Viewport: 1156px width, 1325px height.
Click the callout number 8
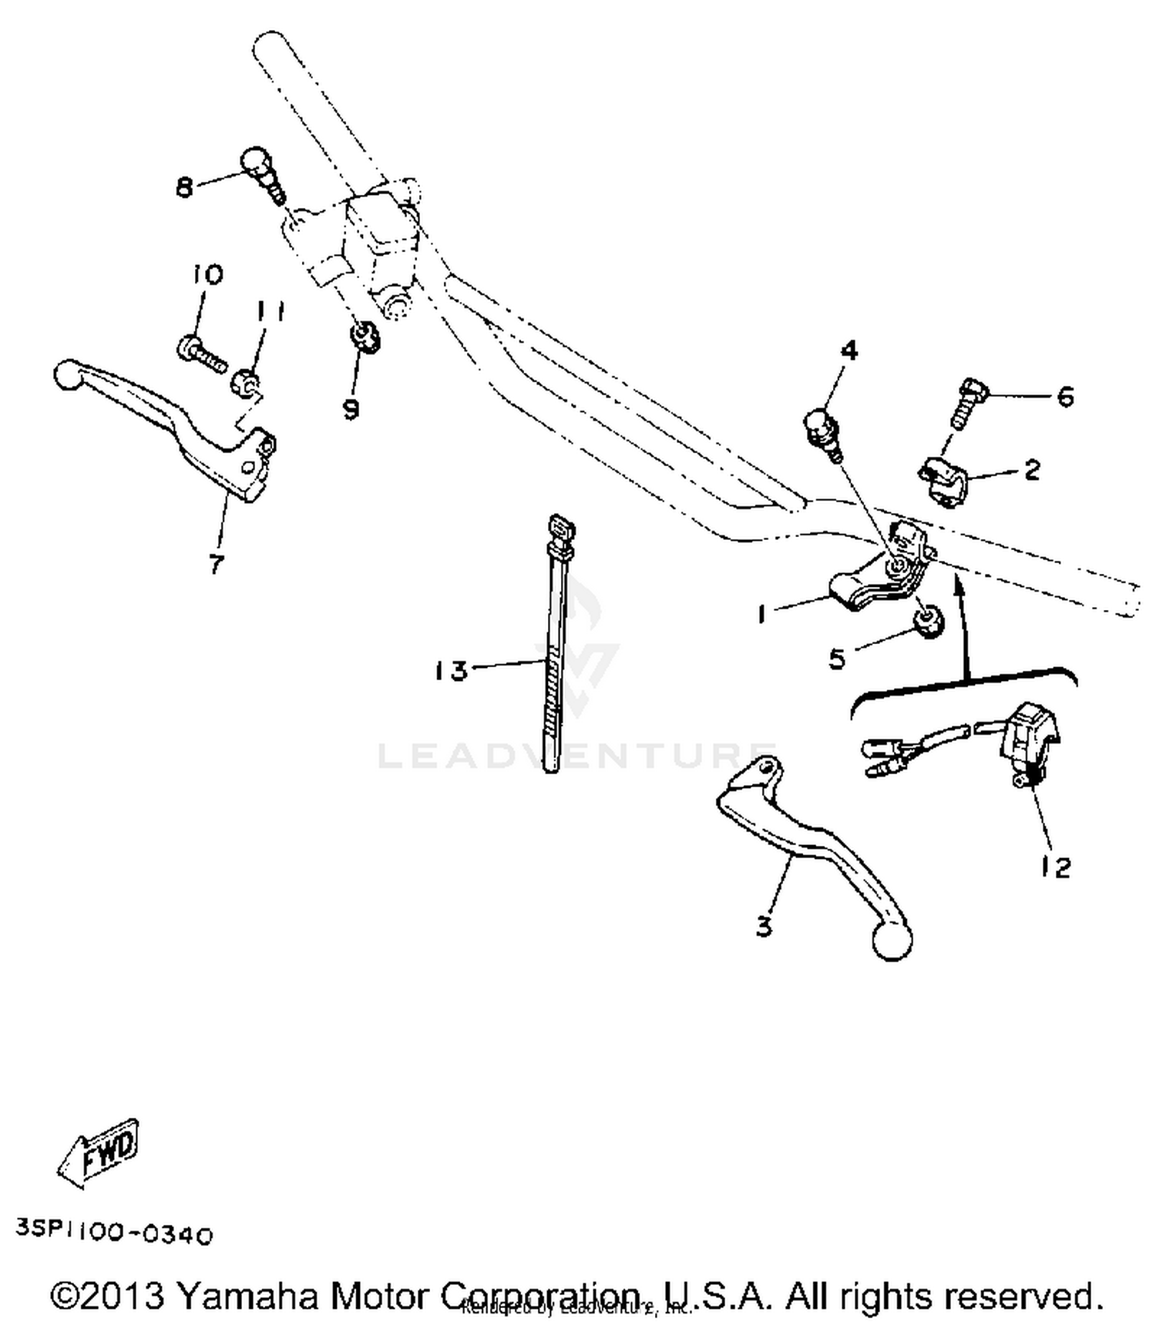pyautogui.click(x=184, y=186)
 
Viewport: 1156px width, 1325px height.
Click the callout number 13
pyautogui.click(x=451, y=671)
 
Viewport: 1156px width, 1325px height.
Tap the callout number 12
pyautogui.click(x=1055, y=868)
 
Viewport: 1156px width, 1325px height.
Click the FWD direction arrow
pyautogui.click(x=99, y=1152)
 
